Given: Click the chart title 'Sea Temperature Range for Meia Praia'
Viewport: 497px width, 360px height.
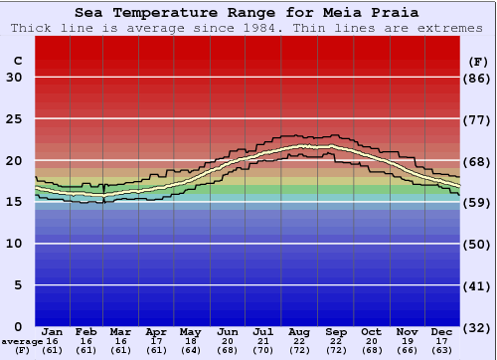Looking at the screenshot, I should tap(248, 12).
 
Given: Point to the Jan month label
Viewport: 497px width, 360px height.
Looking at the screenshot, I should tap(53, 331).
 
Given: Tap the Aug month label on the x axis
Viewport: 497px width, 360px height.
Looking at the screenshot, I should tap(299, 331).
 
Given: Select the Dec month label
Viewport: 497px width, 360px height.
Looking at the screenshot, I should tap(442, 331).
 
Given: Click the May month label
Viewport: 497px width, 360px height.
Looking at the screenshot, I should tap(189, 331).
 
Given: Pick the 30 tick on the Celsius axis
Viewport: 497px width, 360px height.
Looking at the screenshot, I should tap(14, 78).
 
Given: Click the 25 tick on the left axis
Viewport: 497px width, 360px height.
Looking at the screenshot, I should tap(14, 119).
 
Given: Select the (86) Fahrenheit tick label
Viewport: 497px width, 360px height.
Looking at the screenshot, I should tap(478, 78).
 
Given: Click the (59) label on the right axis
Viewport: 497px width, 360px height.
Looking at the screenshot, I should tap(478, 203).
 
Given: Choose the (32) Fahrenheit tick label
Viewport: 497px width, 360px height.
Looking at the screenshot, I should tap(478, 327).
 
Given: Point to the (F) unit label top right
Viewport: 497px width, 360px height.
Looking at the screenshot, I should tap(478, 60).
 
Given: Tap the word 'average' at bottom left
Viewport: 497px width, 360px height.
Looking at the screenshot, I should tap(22, 341).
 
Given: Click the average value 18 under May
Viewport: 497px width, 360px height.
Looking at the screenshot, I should tap(189, 341).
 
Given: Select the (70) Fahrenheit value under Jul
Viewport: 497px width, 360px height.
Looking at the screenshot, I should tap(263, 350).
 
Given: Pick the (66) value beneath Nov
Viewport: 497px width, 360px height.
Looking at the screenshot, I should tap(406, 350).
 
